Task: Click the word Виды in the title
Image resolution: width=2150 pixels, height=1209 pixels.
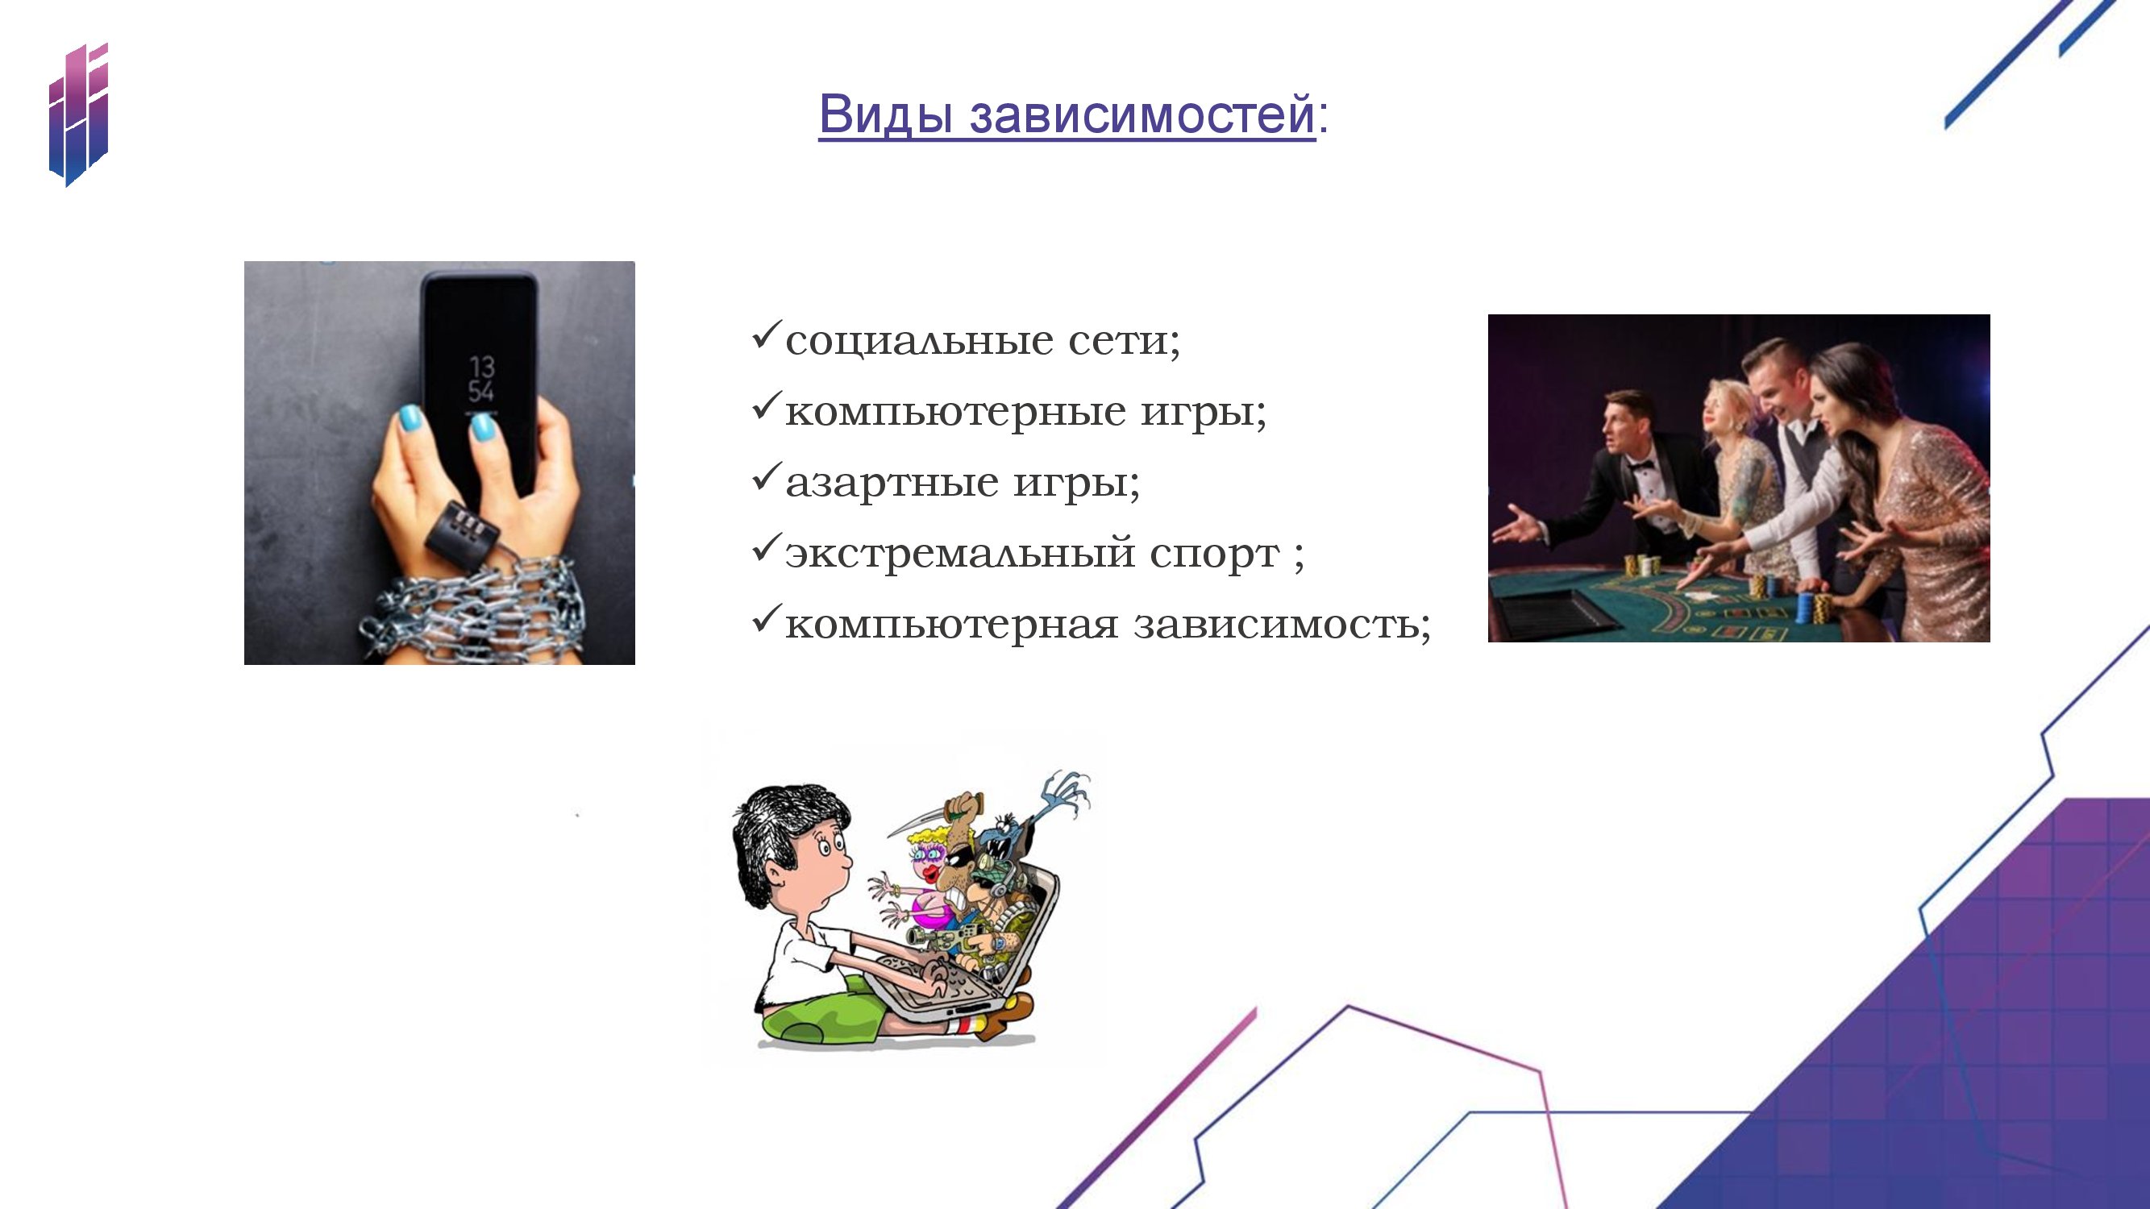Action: coord(885,114)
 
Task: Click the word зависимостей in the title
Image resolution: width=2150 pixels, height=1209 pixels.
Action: coord(1142,114)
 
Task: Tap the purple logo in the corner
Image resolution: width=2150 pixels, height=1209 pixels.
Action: coord(78,115)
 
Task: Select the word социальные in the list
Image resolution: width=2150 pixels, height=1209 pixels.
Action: coord(919,341)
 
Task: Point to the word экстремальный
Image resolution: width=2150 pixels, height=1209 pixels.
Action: coord(961,553)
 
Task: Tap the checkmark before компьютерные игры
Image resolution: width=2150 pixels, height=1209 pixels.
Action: coord(766,405)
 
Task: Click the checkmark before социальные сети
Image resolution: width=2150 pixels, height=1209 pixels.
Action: coord(766,334)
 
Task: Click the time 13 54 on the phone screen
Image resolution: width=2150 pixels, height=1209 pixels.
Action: coord(481,379)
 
